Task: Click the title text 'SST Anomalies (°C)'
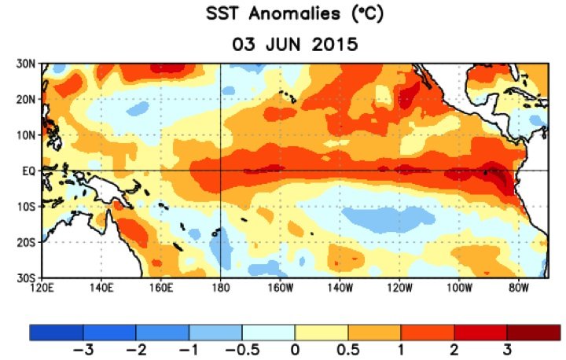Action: click(295, 17)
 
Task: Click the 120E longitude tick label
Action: click(42, 288)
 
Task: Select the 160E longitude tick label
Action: click(161, 288)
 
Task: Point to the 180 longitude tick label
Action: click(221, 288)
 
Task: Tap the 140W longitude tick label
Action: click(340, 288)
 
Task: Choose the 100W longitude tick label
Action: click(458, 288)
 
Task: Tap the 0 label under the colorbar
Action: click(295, 348)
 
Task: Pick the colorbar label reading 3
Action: click(507, 348)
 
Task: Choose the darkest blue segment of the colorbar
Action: click(57, 332)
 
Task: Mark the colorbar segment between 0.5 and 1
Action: click(374, 332)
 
